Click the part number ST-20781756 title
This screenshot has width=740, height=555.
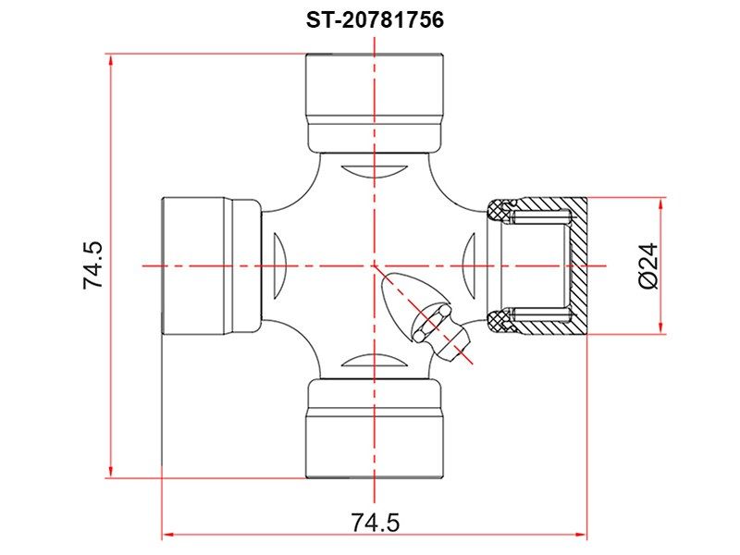point(376,20)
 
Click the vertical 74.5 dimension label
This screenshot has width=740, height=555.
point(93,265)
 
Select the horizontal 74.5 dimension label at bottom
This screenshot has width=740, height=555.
point(376,522)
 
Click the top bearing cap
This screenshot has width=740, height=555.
point(375,103)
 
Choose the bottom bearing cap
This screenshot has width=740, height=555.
point(375,428)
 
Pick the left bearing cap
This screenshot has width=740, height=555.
point(211,265)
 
